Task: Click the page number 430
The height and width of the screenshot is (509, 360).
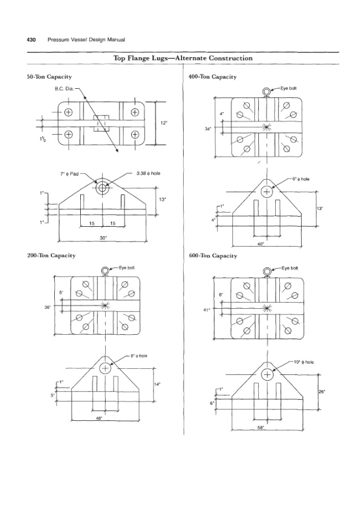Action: (x=31, y=40)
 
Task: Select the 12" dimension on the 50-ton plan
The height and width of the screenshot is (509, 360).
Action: (x=163, y=122)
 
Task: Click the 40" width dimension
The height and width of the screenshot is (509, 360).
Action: (x=261, y=244)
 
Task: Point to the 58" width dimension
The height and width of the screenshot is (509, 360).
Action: (x=261, y=428)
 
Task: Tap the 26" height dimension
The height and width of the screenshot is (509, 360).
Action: (x=322, y=391)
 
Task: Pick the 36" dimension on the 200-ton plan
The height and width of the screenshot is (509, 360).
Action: (x=47, y=307)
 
